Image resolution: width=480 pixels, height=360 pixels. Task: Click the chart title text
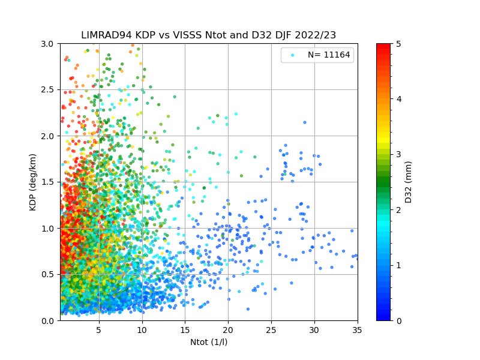pos(209,35)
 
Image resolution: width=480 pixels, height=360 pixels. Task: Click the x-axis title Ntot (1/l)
pos(209,342)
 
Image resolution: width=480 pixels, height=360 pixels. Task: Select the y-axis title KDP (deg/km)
pos(34,182)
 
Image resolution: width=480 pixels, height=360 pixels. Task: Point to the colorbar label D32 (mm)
pos(409,182)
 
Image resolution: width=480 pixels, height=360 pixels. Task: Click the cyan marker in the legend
pos(292,55)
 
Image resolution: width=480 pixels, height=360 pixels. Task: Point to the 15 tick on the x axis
pos(185,329)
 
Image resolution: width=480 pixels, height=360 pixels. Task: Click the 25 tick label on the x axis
pos(271,329)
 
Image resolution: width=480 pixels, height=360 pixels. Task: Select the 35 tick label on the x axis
pos(357,329)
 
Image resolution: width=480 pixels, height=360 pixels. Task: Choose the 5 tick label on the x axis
pos(99,329)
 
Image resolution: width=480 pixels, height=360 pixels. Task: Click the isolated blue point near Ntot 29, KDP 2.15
pos(305,122)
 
